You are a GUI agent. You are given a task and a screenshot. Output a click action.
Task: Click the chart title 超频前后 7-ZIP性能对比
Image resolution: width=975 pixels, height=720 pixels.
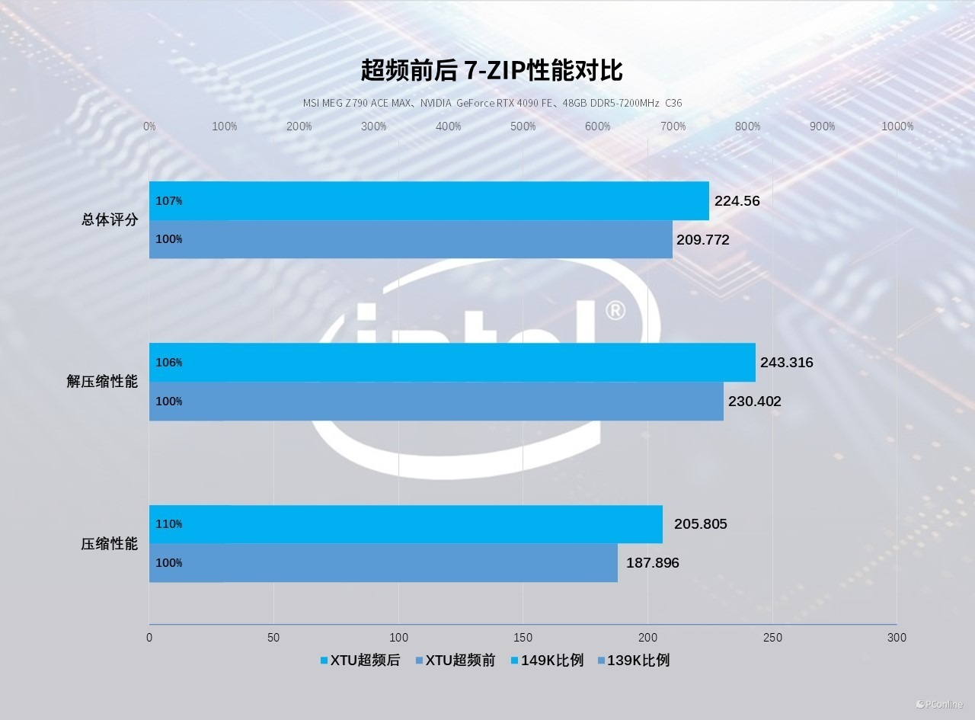491,71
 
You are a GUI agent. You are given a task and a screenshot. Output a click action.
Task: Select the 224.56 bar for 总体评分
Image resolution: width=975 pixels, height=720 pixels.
429,201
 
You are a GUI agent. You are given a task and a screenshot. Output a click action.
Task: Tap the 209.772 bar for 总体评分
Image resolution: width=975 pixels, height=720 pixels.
411,239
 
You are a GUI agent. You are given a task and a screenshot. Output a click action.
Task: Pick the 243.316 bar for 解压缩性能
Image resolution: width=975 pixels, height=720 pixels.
452,363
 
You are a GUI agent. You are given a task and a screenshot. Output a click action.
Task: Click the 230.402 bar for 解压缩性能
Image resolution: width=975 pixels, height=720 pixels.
436,402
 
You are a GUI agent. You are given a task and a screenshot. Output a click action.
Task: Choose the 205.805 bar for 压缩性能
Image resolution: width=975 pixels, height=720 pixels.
406,524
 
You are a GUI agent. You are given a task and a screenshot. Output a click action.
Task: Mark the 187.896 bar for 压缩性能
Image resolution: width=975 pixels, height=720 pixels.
383,563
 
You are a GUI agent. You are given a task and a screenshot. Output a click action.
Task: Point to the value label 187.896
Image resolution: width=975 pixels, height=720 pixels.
653,563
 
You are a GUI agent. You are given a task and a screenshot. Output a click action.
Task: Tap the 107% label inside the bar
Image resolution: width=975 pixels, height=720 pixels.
169,201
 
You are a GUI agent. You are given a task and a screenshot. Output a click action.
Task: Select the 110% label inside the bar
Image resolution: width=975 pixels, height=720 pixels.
169,524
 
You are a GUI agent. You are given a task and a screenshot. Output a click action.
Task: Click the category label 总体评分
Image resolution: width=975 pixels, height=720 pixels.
110,220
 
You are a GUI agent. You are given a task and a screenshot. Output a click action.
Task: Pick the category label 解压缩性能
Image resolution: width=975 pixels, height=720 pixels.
102,382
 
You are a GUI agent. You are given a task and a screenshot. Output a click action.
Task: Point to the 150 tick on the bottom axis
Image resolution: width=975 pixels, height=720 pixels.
523,638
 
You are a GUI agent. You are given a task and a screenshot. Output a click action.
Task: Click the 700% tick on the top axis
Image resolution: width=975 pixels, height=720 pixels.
673,126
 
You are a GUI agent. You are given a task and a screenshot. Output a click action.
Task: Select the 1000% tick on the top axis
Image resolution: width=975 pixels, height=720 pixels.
897,126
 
